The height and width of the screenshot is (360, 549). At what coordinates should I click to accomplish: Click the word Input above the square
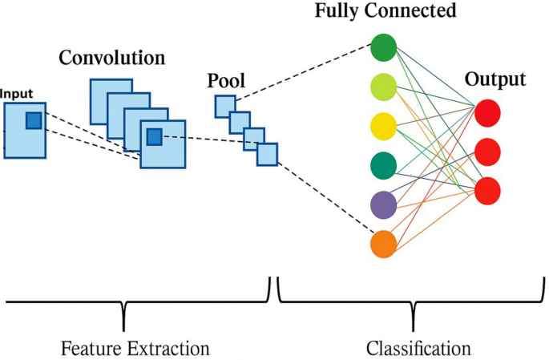(x=17, y=94)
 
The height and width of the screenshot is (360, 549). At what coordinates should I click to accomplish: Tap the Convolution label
(x=111, y=59)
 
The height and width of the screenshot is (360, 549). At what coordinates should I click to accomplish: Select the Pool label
(x=226, y=80)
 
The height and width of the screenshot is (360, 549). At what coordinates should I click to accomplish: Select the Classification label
(x=418, y=349)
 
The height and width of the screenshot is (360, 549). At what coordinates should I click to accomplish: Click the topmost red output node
(x=487, y=114)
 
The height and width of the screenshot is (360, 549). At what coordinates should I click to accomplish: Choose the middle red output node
(x=487, y=152)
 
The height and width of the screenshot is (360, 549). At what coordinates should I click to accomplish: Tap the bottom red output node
(x=487, y=190)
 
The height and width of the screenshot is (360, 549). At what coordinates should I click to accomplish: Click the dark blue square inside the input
(x=33, y=120)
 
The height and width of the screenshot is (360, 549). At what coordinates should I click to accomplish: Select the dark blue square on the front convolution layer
(x=154, y=137)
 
